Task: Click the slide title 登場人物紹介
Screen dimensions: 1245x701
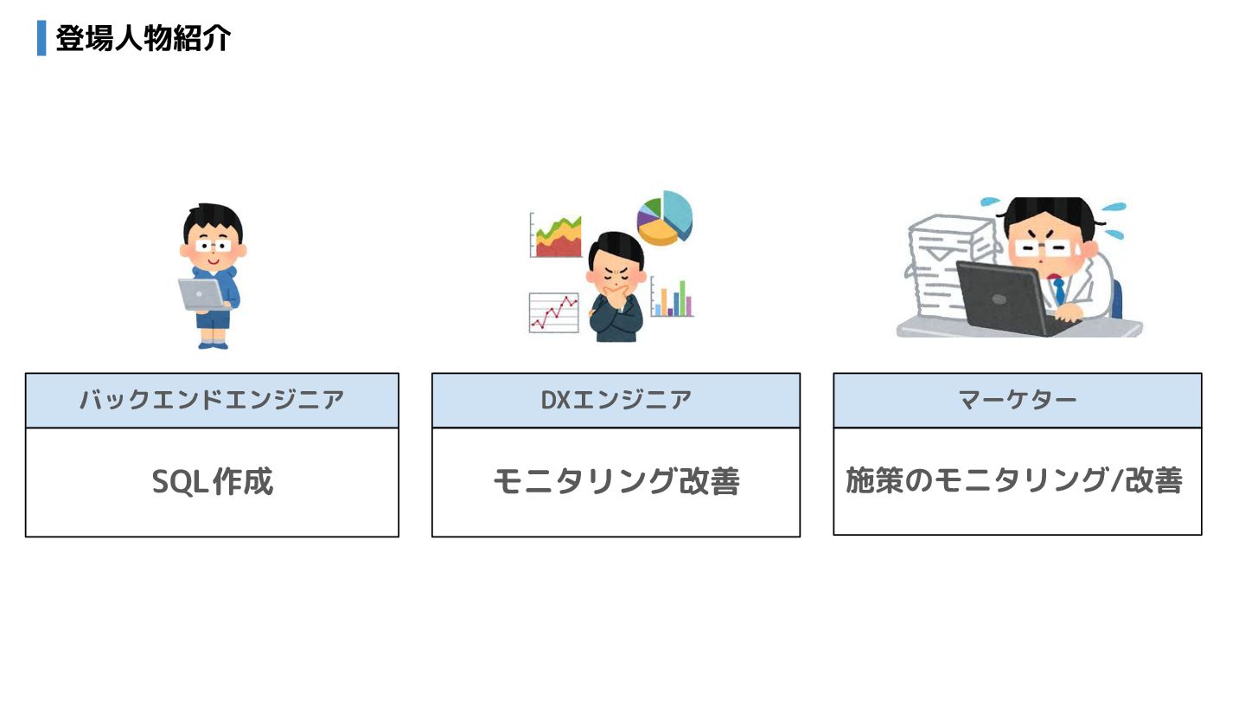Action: click(x=143, y=39)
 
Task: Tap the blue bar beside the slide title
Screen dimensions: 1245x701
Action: click(x=41, y=39)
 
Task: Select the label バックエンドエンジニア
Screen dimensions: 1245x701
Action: click(x=212, y=400)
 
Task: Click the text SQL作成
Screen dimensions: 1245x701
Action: click(x=212, y=482)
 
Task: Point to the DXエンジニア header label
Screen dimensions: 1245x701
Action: click(x=616, y=400)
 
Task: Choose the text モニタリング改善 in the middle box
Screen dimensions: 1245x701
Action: click(x=616, y=482)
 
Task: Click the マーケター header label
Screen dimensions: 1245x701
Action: click(x=1017, y=400)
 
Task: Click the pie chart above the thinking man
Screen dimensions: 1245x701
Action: click(x=666, y=216)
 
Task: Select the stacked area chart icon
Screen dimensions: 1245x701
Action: click(x=556, y=236)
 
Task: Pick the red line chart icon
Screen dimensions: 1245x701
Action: click(x=553, y=312)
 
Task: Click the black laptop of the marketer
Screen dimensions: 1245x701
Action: click(x=1007, y=299)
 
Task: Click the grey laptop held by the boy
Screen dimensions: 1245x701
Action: click(x=201, y=294)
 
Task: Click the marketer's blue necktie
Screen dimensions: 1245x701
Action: click(x=1058, y=290)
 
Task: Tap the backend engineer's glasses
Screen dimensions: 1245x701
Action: click(x=213, y=245)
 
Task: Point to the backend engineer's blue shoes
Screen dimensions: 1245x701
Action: click(x=213, y=344)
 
